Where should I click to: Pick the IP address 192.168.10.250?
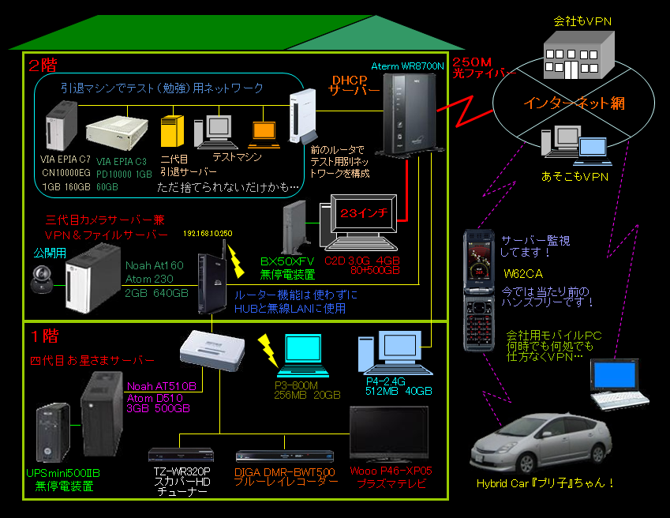208,234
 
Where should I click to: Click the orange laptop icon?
263,133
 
